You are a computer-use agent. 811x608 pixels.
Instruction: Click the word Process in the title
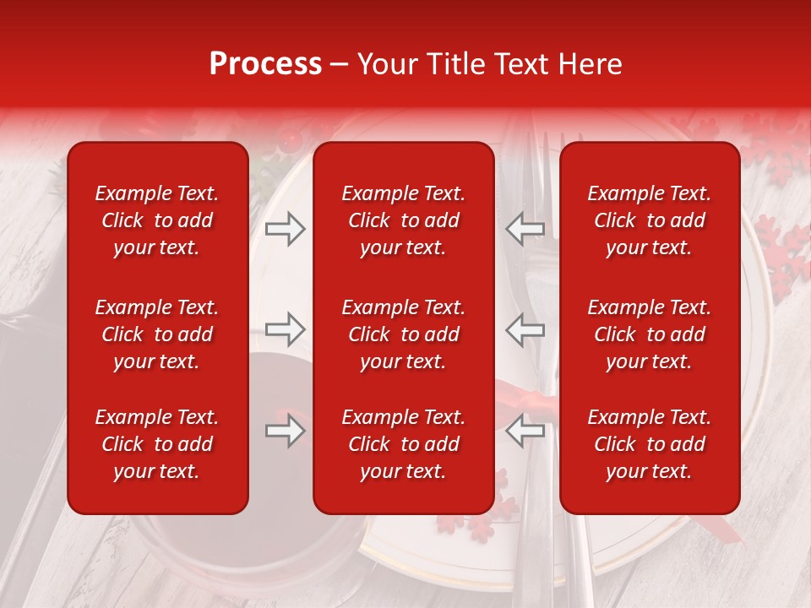[x=265, y=64]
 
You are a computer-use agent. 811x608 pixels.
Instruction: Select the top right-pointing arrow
[x=285, y=228]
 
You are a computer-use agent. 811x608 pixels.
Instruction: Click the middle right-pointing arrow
[x=285, y=328]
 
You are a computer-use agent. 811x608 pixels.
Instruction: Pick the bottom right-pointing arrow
[x=285, y=431]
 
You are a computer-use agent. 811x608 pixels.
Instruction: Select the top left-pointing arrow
[x=525, y=228]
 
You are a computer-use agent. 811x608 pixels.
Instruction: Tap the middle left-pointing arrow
[x=525, y=328]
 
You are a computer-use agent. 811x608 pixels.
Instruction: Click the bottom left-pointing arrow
[x=525, y=431]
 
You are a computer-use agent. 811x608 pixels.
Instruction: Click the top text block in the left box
[x=157, y=220]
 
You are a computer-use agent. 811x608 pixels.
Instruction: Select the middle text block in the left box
[x=157, y=334]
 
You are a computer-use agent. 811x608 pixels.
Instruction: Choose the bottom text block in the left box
[x=157, y=444]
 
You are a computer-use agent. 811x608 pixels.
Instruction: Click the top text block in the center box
[x=403, y=220]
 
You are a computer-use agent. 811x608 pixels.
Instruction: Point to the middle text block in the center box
[x=403, y=334]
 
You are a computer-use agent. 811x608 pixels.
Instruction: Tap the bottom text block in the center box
[x=403, y=444]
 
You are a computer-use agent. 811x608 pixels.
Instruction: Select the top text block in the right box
[x=649, y=220]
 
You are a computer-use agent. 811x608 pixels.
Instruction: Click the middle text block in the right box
[x=649, y=334]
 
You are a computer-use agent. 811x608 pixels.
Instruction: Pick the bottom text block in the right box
[x=649, y=444]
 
